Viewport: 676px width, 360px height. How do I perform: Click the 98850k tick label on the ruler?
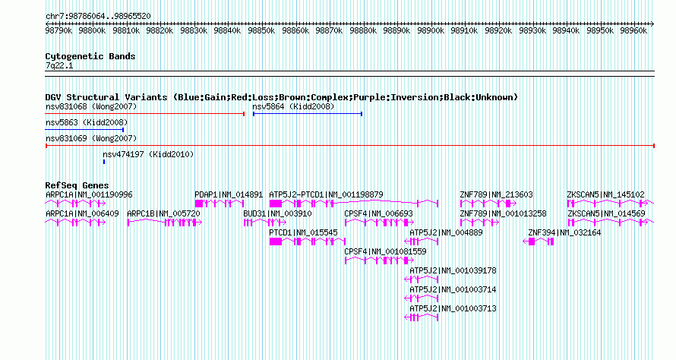[261, 30]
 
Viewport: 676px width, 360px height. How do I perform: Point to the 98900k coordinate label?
[431, 30]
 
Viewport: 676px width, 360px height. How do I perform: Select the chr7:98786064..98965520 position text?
[98, 17]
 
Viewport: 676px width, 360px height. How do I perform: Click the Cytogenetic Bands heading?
[90, 56]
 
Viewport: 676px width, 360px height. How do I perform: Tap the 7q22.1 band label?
[59, 66]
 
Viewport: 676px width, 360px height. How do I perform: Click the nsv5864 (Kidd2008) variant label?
[293, 106]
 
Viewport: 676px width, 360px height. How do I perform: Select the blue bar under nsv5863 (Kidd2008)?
[84, 130]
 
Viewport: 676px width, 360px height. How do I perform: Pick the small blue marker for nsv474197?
[104, 162]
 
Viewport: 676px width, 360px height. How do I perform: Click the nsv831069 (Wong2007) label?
[91, 138]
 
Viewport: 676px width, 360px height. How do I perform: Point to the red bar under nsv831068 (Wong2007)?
[145, 114]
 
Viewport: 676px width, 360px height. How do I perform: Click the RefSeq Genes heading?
[77, 185]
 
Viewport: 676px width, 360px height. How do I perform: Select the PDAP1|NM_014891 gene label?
[229, 195]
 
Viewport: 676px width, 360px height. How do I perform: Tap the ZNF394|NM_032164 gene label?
[565, 233]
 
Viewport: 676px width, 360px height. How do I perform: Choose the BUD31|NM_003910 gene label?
[277, 214]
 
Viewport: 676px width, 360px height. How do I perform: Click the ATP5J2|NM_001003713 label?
[453, 308]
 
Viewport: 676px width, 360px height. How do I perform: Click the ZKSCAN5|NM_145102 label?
[605, 195]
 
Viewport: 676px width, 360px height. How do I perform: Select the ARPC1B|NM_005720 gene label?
[163, 214]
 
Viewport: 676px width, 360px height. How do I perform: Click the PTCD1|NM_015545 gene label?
[303, 233]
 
